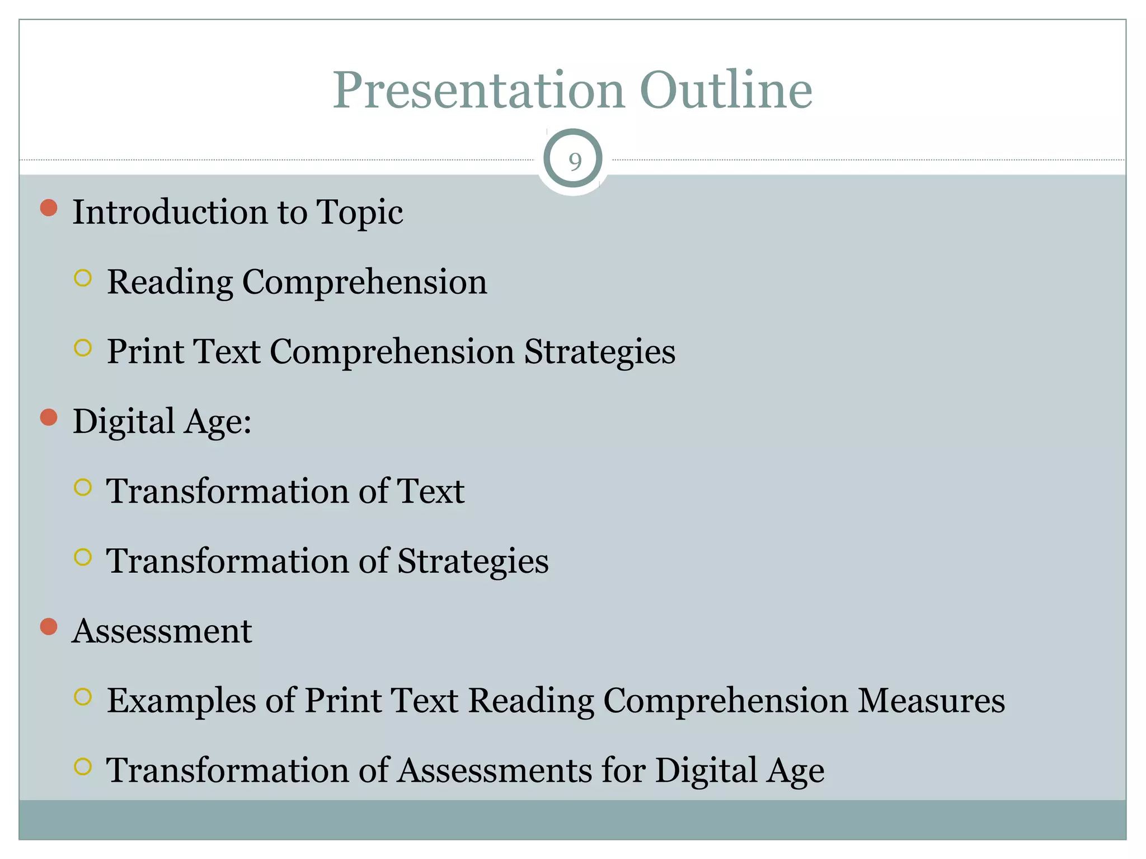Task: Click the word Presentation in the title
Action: click(x=478, y=91)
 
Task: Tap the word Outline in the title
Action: click(x=726, y=91)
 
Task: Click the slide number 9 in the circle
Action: click(x=574, y=162)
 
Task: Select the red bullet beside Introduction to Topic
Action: click(x=49, y=208)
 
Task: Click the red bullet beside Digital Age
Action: click(x=49, y=417)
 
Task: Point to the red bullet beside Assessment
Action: click(x=49, y=627)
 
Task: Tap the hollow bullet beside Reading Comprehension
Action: click(x=83, y=278)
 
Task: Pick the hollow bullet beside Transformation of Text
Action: click(x=83, y=487)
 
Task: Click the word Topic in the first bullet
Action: click(x=359, y=213)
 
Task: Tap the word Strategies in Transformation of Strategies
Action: click(x=473, y=561)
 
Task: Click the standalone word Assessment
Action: click(x=162, y=631)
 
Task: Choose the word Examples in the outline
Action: click(x=181, y=701)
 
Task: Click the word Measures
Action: click(x=931, y=701)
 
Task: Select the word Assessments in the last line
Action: click(x=494, y=771)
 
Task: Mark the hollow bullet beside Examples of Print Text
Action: click(x=83, y=697)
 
